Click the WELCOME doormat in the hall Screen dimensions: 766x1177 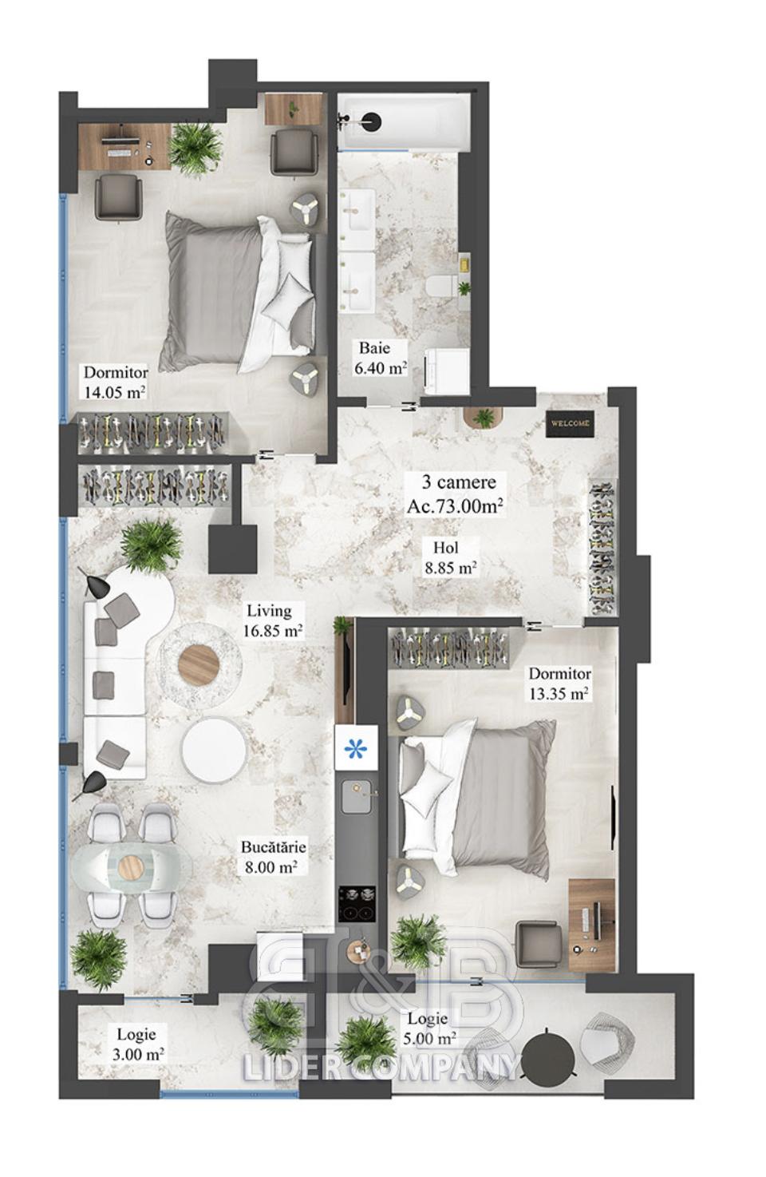click(571, 422)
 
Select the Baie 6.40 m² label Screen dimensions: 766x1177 click(380, 358)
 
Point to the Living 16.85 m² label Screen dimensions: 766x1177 click(272, 620)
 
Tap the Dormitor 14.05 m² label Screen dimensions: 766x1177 click(115, 382)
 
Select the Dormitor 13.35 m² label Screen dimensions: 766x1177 click(559, 683)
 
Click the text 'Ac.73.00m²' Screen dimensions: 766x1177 click(455, 506)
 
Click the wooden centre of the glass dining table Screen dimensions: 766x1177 click(131, 866)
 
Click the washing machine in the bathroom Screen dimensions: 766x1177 click(447, 371)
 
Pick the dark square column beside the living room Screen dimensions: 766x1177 click(232, 549)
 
